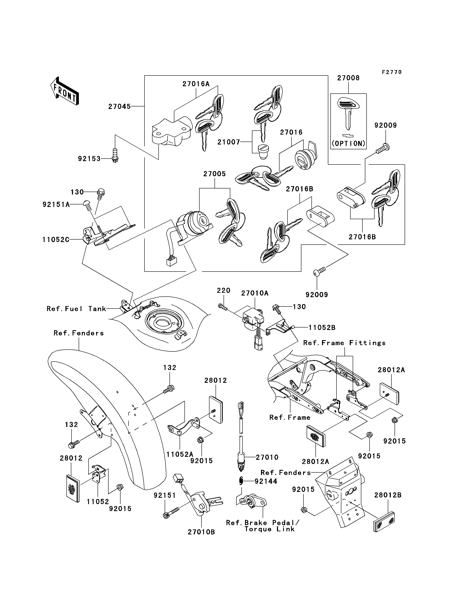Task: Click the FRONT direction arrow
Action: click(64, 91)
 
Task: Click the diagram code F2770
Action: click(392, 72)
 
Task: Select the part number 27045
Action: click(119, 106)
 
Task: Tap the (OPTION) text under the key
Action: click(348, 143)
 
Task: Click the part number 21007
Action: click(229, 142)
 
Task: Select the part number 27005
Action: click(215, 174)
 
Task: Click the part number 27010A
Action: click(255, 293)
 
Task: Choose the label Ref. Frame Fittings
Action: click(344, 343)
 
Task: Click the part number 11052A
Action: click(180, 454)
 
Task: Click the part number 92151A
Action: click(56, 204)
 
